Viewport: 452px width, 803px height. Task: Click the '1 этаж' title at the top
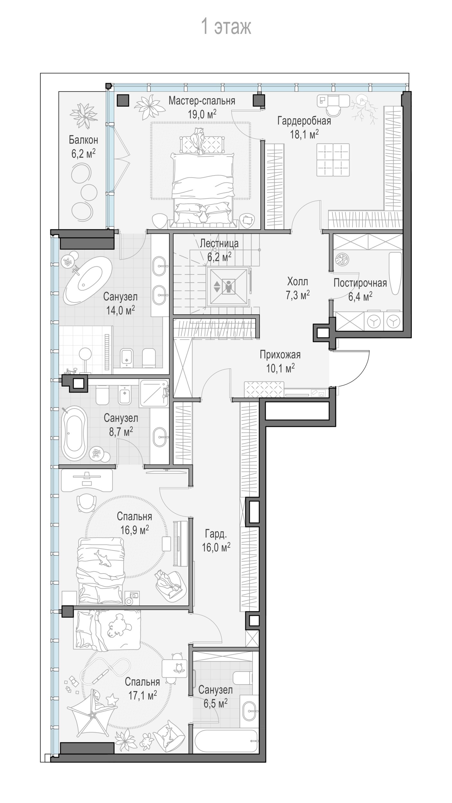(x=226, y=27)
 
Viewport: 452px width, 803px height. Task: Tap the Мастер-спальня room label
(x=202, y=101)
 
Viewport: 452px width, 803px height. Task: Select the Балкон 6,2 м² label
(x=84, y=147)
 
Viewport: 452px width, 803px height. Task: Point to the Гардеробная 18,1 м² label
(x=304, y=128)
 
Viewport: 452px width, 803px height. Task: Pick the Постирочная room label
(x=360, y=283)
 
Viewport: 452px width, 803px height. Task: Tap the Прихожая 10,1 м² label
(x=280, y=361)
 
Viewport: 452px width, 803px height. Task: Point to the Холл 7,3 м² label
(x=298, y=288)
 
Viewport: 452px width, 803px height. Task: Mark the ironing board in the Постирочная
(x=395, y=273)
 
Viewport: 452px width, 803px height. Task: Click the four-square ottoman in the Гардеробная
(x=333, y=160)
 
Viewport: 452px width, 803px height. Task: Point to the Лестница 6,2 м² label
(x=219, y=250)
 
